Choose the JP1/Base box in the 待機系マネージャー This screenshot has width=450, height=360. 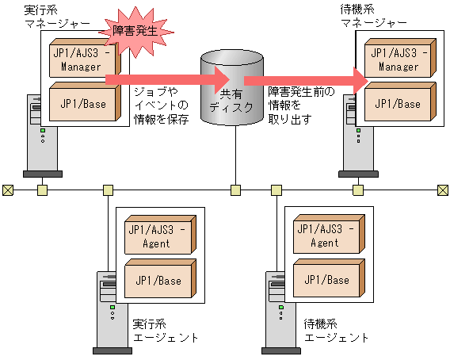(x=398, y=103)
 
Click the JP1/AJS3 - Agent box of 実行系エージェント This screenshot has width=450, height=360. (x=158, y=236)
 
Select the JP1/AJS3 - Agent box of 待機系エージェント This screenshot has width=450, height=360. (x=325, y=236)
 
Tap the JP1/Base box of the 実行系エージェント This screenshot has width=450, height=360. (x=158, y=281)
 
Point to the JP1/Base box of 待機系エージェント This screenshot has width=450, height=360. (x=325, y=281)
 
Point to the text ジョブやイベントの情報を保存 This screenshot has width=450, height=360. (x=162, y=105)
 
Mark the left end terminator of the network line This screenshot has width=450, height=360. (x=7, y=190)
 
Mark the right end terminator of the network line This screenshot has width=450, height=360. (x=443, y=190)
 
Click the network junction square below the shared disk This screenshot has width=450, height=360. (x=235, y=190)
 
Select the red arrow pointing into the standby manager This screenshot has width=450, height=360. (x=305, y=80)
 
